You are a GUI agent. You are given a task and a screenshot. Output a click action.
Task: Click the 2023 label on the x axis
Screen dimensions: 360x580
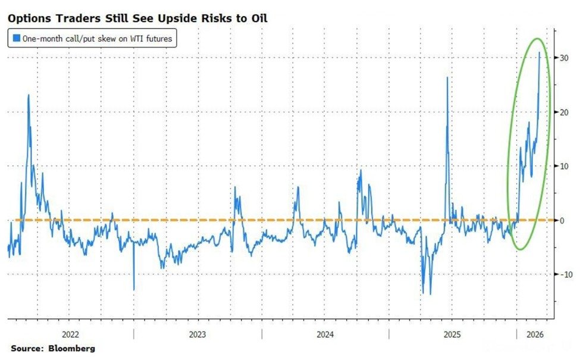click(197, 334)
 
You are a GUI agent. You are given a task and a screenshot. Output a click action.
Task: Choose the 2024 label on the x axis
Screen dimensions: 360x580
click(325, 334)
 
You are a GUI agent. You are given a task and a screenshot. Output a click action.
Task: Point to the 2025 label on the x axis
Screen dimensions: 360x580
click(453, 334)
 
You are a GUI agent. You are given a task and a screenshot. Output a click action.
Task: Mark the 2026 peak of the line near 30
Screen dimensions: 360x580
click(540, 52)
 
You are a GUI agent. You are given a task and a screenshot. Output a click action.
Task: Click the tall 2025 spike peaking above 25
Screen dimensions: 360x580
click(447, 77)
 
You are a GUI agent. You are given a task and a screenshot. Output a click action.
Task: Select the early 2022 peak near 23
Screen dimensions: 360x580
click(28, 95)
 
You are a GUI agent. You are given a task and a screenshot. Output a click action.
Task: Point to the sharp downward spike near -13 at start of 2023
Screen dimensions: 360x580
click(133, 289)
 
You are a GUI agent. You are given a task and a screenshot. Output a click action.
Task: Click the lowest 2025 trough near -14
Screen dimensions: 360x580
click(430, 293)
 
